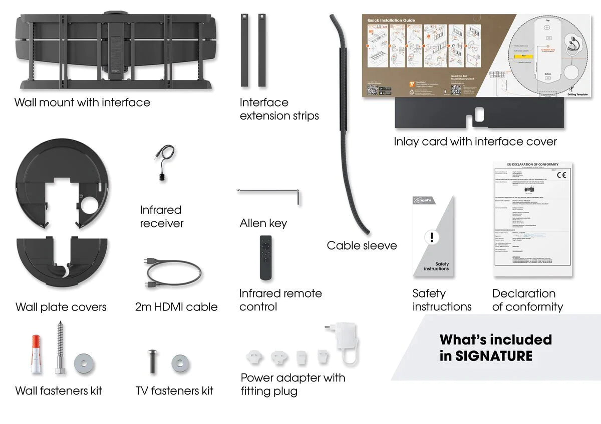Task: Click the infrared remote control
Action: coord(266,257)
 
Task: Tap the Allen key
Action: coord(270,191)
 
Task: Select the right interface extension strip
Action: coord(261,50)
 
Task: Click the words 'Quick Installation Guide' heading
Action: coord(391,20)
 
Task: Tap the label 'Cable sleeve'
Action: coord(362,245)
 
